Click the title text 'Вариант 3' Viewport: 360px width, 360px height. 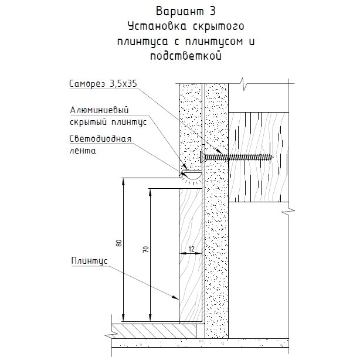point(186,11)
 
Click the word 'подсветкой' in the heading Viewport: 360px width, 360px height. point(186,56)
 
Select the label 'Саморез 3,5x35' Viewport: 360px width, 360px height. point(103,84)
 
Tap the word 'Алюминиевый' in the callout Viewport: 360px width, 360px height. point(99,110)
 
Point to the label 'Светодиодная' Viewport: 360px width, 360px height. point(101,139)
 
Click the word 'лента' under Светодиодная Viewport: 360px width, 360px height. point(83,151)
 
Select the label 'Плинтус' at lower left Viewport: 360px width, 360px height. point(89,261)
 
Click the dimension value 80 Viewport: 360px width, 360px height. point(119,243)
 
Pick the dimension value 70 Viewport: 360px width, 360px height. point(146,249)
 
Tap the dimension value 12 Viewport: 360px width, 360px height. point(191,249)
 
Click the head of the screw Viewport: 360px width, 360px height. point(201,157)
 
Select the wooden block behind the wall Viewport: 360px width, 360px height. point(259,157)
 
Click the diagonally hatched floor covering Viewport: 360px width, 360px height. point(154,331)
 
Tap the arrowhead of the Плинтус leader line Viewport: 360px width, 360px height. point(176,298)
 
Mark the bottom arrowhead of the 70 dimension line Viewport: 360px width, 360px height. point(150,318)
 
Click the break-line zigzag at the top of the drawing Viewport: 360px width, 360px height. point(243,84)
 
